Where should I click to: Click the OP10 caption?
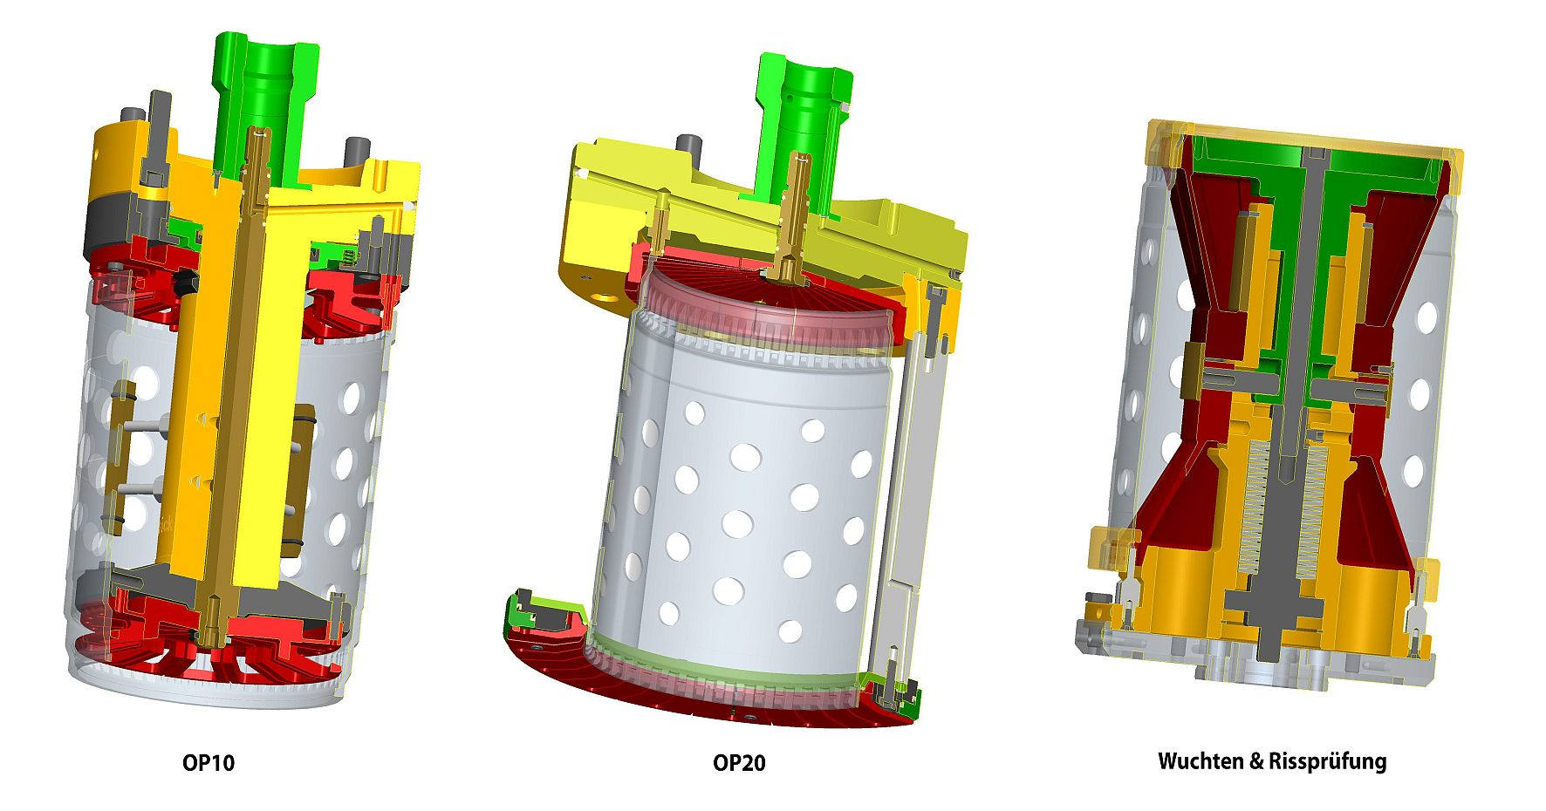pyautogui.click(x=209, y=763)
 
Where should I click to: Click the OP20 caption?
pyautogui.click(x=739, y=763)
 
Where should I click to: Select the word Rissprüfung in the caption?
pyautogui.click(x=1326, y=761)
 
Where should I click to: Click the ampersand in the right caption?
pyautogui.click(x=1255, y=761)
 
